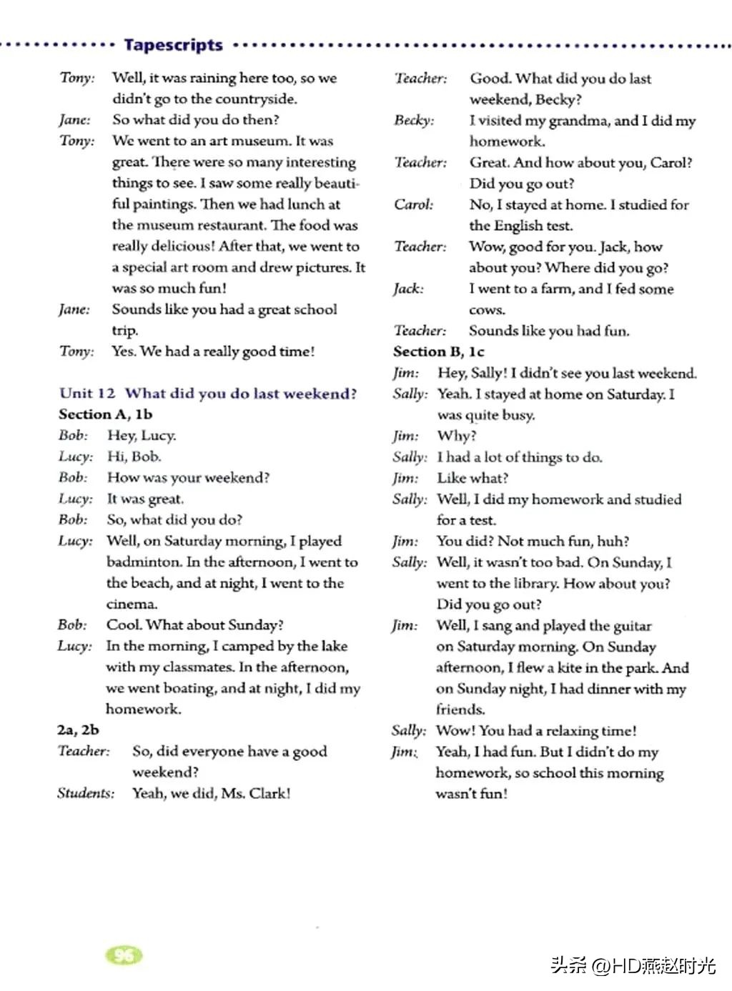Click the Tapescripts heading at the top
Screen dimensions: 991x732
pos(173,45)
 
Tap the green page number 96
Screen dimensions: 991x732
pos(124,955)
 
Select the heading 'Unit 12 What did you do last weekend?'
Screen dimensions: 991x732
pos(208,394)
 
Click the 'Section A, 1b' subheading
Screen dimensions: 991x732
pos(105,414)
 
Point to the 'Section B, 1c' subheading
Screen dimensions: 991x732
pos(438,352)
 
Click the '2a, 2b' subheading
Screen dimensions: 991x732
pos(78,729)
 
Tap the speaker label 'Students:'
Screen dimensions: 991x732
pos(86,793)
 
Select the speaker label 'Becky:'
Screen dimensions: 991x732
pos(414,120)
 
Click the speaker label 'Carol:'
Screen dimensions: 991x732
pos(413,204)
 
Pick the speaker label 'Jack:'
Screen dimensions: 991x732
pos(408,289)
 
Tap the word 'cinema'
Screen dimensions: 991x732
pos(131,604)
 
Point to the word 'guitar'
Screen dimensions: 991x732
pos(633,626)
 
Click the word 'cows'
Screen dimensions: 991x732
pos(486,310)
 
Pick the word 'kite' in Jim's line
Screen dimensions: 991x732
pos(569,668)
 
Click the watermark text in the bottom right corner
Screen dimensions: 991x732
pos(633,965)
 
